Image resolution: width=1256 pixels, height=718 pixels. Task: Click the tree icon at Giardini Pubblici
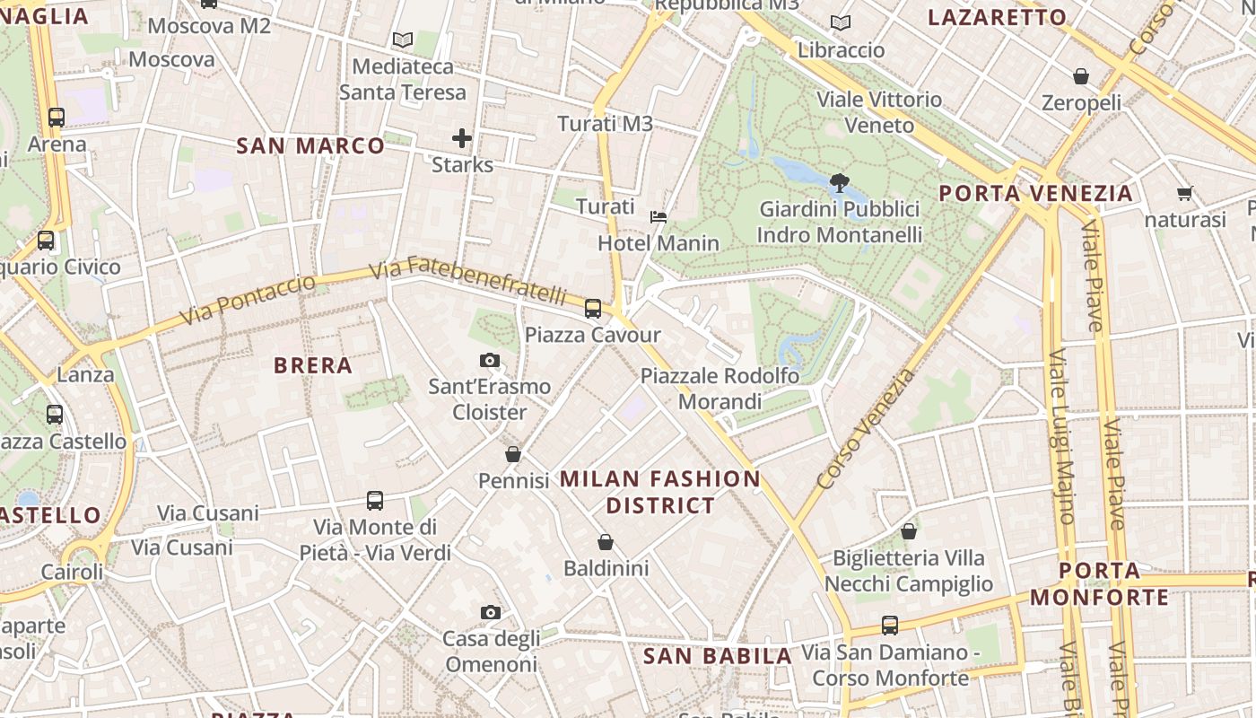(840, 183)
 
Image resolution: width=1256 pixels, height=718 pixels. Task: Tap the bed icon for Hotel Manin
(659, 217)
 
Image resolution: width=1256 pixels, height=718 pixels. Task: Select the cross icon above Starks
(462, 138)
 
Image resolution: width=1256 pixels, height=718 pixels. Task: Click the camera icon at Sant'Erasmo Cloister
(490, 361)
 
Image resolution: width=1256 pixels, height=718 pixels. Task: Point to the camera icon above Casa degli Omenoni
(491, 612)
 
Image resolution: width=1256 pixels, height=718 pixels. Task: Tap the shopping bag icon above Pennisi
(513, 454)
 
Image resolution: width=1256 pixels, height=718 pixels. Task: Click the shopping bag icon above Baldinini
(606, 542)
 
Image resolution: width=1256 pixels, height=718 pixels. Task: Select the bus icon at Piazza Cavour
(593, 309)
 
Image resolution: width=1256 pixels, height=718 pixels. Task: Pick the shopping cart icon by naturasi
(1185, 193)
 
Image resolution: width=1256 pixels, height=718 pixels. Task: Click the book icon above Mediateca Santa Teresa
(403, 39)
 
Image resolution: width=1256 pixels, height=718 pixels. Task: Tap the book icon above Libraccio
(841, 23)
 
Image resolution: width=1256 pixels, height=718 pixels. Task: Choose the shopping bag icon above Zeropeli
(1081, 76)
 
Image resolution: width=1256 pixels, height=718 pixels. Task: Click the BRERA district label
(313, 365)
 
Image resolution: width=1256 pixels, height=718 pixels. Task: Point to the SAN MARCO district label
(310, 145)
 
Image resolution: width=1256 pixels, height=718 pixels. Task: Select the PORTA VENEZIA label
(1036, 193)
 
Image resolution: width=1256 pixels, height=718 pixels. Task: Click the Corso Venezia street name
(866, 429)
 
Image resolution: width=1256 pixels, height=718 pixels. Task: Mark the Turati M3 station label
(606, 124)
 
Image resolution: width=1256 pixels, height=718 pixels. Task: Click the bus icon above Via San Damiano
(890, 626)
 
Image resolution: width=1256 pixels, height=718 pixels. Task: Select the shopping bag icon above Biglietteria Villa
(909, 531)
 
